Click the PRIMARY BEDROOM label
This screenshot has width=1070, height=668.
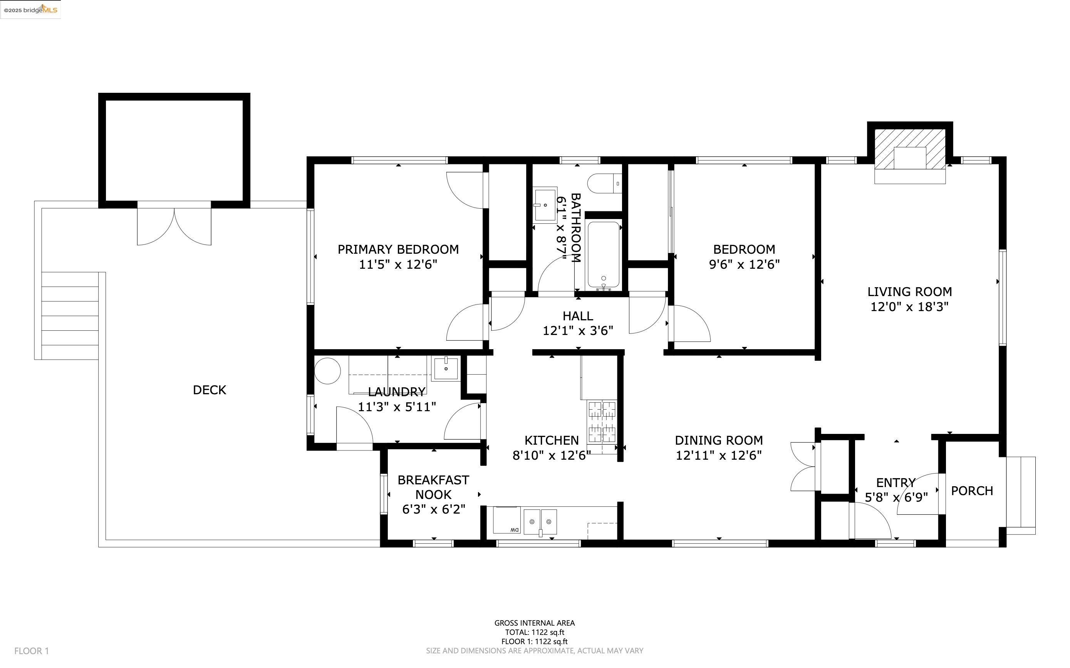(x=398, y=249)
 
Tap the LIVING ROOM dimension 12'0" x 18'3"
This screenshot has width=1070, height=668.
(x=909, y=306)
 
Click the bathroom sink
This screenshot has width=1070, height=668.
(x=545, y=205)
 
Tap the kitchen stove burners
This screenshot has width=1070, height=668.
(x=602, y=422)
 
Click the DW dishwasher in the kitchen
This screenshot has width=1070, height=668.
(x=506, y=521)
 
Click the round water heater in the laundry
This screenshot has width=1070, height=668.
(x=327, y=371)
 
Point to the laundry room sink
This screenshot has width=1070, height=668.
(x=446, y=368)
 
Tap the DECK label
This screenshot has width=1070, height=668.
(x=210, y=390)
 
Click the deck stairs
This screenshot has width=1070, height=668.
(x=70, y=316)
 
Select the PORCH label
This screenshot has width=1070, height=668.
(x=972, y=491)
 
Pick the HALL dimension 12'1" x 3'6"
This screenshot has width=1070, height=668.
(x=578, y=331)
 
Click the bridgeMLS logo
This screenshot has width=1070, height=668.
(x=30, y=10)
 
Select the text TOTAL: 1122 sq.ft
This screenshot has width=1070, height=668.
(x=535, y=632)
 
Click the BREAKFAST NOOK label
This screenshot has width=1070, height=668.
(x=433, y=487)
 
